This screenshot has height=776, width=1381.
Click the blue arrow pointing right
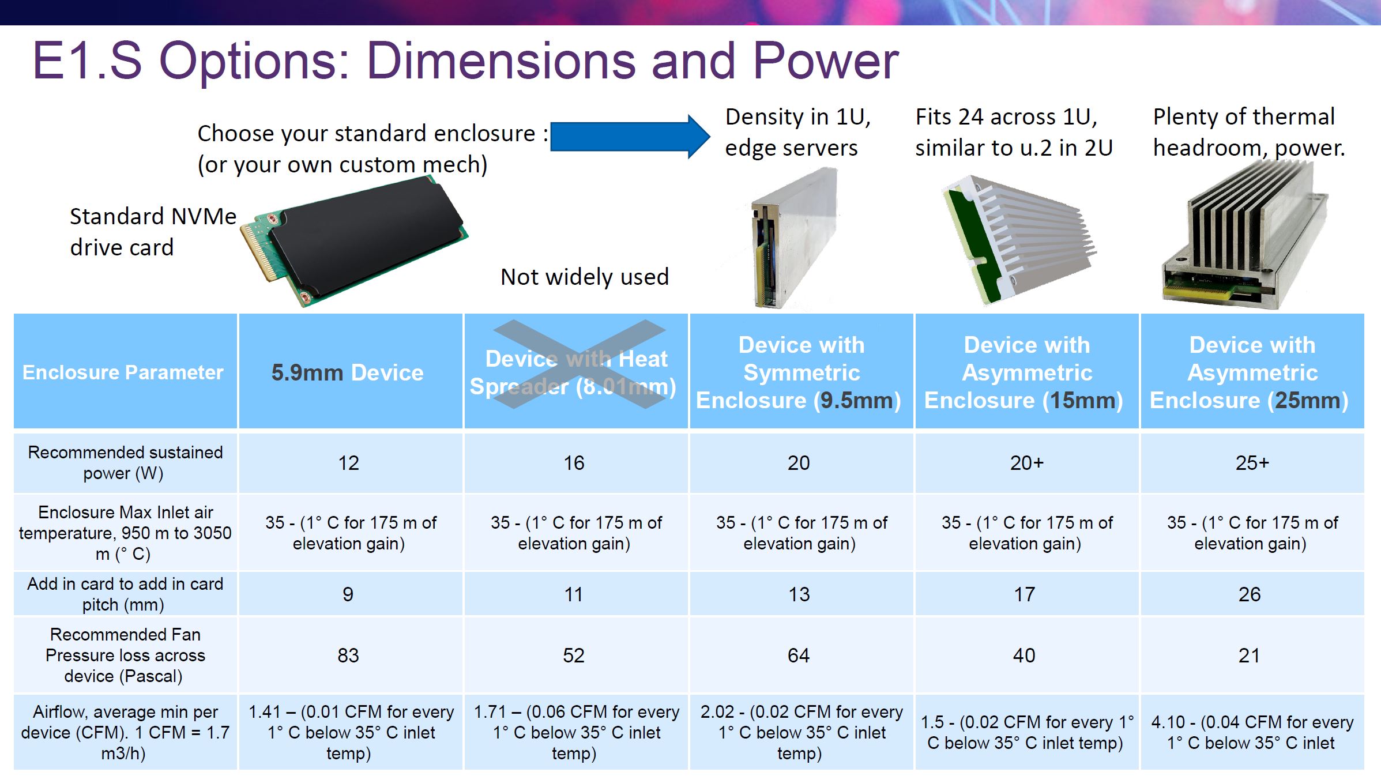630,137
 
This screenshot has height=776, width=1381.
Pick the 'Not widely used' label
585,277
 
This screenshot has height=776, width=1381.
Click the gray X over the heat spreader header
580,364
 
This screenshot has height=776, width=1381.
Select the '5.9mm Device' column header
348,372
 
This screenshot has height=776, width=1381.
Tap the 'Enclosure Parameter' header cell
123,372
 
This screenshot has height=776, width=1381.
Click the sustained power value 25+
1252,463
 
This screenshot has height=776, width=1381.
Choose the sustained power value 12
348,463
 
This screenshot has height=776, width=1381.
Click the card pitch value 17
1025,594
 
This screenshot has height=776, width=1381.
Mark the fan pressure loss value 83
348,656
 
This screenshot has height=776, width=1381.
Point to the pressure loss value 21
1249,656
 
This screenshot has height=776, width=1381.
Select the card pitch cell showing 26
1250,594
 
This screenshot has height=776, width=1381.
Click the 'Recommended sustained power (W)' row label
125,463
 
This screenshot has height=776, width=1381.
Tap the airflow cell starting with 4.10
1252,732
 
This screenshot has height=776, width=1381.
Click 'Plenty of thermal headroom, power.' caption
1248,133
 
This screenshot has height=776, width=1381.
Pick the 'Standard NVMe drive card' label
153,232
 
